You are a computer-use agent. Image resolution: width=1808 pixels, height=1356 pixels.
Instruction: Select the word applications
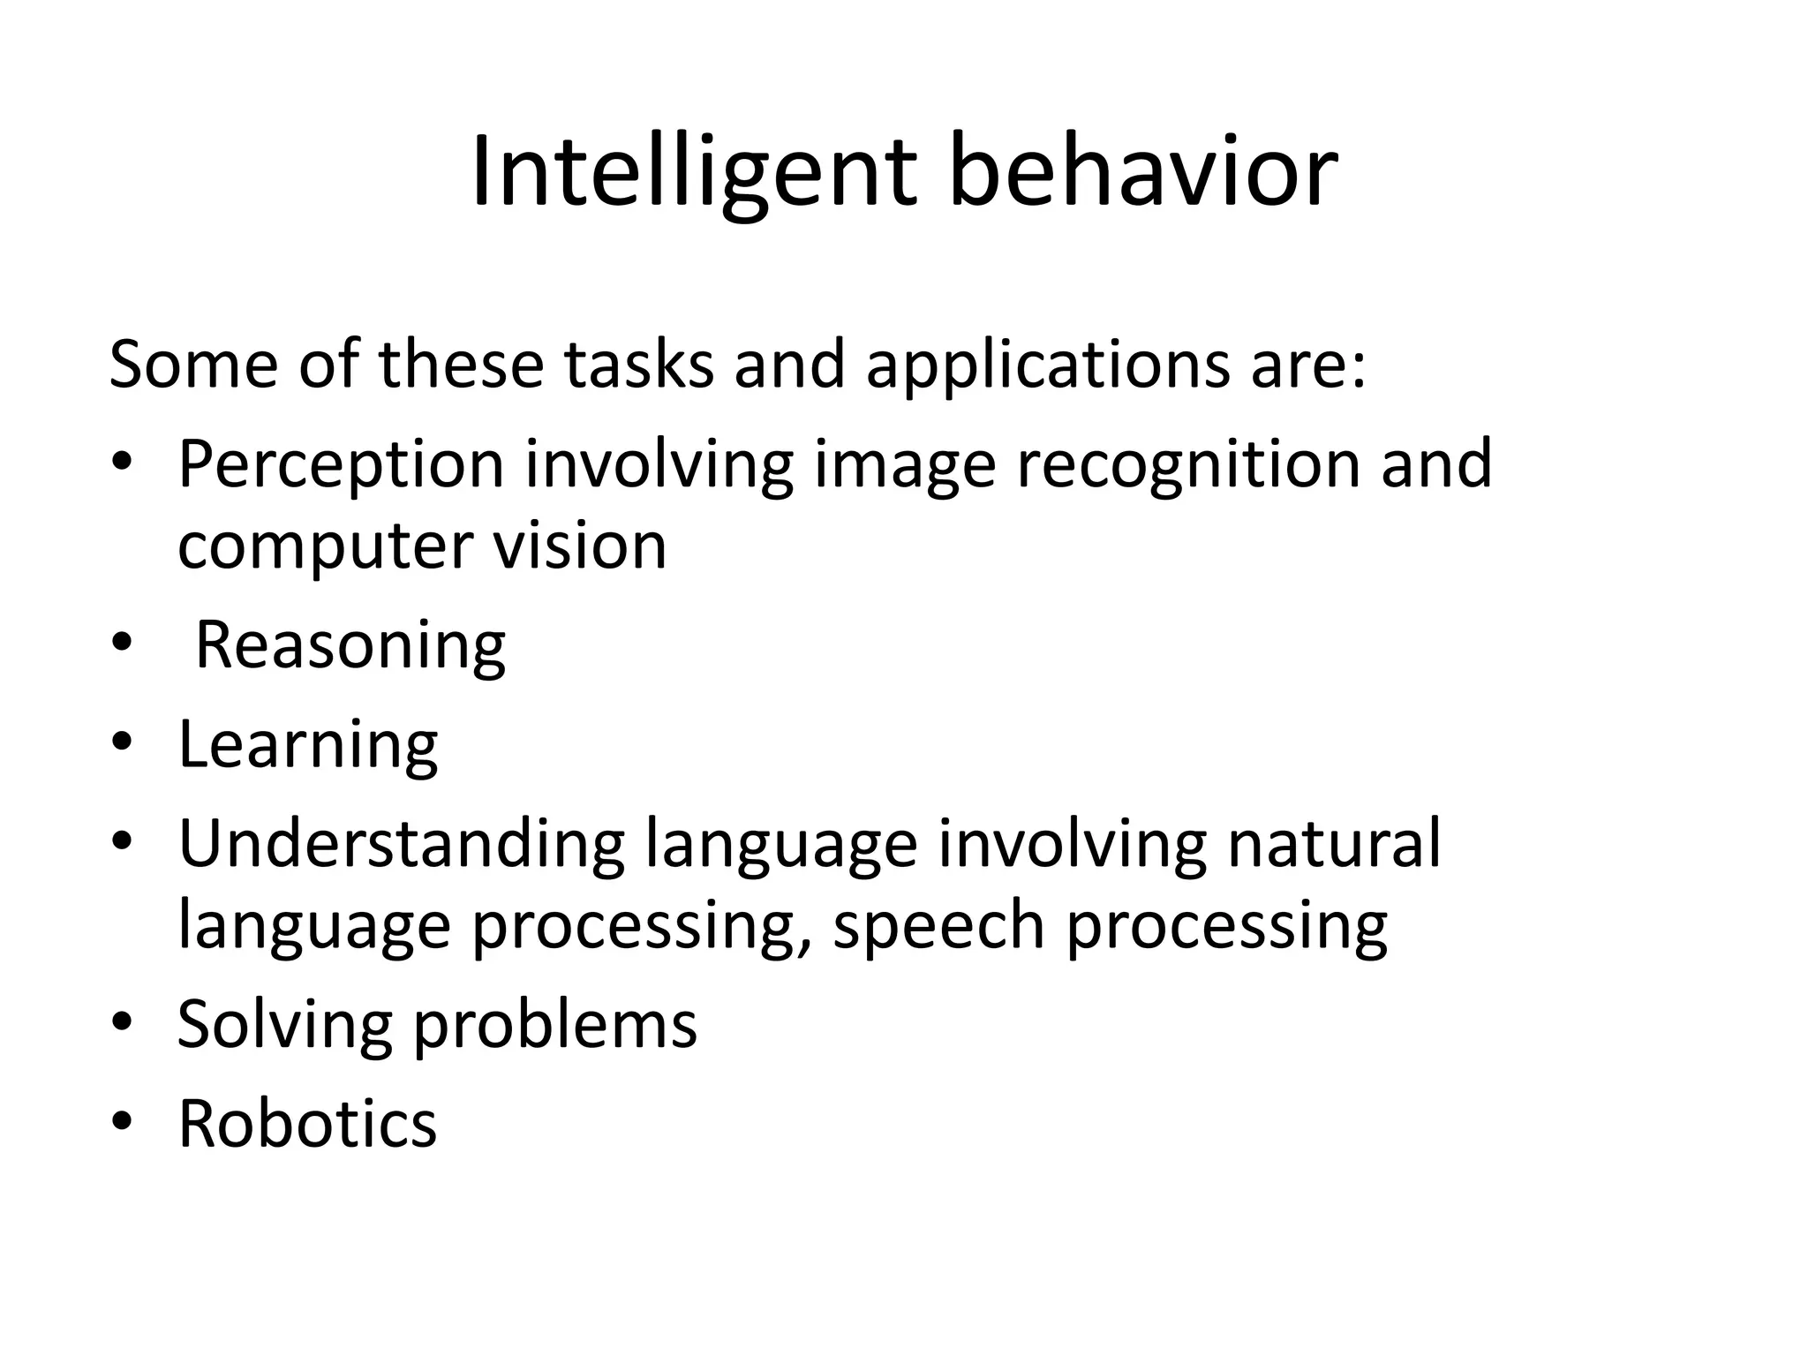(1047, 366)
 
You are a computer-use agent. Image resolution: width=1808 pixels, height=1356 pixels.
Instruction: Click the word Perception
(340, 465)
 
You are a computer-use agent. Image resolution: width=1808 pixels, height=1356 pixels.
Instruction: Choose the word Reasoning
(350, 647)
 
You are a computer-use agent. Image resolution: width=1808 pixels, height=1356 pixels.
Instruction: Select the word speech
(938, 927)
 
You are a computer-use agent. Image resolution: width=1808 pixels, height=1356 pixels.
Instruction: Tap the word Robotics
(307, 1123)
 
